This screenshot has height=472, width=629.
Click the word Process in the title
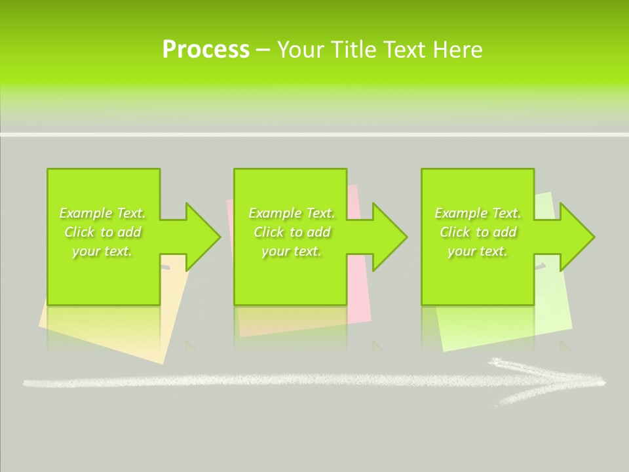click(x=206, y=50)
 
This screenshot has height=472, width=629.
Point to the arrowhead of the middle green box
click(x=389, y=237)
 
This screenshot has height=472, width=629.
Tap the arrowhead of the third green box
click(x=576, y=237)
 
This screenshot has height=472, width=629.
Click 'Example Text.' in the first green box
click(x=102, y=213)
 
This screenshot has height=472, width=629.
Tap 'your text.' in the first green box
click(x=102, y=251)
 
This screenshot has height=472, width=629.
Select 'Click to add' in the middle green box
click(x=292, y=232)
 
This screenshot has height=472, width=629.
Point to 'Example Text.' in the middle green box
click(x=292, y=213)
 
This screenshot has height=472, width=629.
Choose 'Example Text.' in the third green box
click(x=478, y=213)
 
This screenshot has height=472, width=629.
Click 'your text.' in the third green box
click(x=478, y=251)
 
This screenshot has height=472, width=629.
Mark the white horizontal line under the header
click(x=314, y=134)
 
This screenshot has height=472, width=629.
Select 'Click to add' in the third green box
click(x=478, y=232)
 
